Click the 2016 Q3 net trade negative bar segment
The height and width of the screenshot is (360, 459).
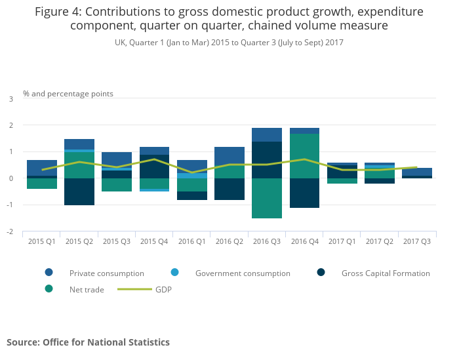click(267, 198)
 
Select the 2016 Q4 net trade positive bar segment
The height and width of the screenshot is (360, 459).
click(304, 156)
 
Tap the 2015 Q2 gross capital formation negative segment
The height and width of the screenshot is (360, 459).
click(79, 191)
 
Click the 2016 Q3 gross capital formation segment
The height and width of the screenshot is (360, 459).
click(267, 160)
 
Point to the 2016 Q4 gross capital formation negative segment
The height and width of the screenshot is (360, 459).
click(304, 193)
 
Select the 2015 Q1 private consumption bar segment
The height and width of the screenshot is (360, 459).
click(42, 168)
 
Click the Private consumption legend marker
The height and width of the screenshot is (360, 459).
click(49, 273)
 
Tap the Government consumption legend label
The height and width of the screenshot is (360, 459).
click(243, 273)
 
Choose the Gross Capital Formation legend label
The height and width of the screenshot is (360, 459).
click(386, 273)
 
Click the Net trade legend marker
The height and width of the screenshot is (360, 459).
click(49, 289)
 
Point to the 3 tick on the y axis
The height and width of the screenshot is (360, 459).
click(10, 99)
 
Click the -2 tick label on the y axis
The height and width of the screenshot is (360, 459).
click(9, 232)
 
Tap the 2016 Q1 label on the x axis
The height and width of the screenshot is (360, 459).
click(191, 242)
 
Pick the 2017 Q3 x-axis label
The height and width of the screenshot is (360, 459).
click(417, 242)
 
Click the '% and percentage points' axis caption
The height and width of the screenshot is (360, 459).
click(68, 94)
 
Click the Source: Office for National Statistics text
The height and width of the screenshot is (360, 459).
click(89, 342)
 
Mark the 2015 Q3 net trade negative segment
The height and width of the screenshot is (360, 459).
click(117, 185)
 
